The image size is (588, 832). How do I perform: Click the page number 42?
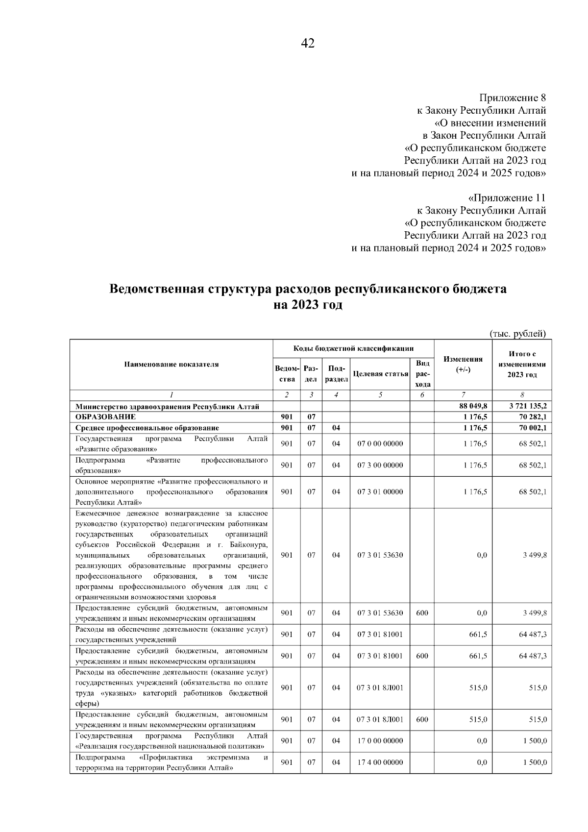307,44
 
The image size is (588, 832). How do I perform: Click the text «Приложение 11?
507,198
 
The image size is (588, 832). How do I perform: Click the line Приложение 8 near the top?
512,97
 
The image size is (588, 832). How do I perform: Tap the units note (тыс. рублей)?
518,334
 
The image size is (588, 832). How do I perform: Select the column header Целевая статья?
380,374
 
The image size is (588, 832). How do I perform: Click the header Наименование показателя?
171,364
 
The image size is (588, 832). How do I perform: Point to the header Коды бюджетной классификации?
353,348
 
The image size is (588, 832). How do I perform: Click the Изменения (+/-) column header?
463,364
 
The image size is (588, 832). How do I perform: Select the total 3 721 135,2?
527,406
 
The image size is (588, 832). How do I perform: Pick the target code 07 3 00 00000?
380,465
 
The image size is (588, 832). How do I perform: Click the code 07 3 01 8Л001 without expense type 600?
380,687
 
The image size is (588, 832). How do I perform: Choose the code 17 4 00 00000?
380,762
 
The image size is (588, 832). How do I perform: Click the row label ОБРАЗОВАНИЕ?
105,417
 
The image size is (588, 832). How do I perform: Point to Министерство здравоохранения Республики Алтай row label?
167,406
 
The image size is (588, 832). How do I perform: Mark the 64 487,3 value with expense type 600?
533,656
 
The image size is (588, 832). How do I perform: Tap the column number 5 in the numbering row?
380,395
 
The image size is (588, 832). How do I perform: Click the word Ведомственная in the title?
156,289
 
